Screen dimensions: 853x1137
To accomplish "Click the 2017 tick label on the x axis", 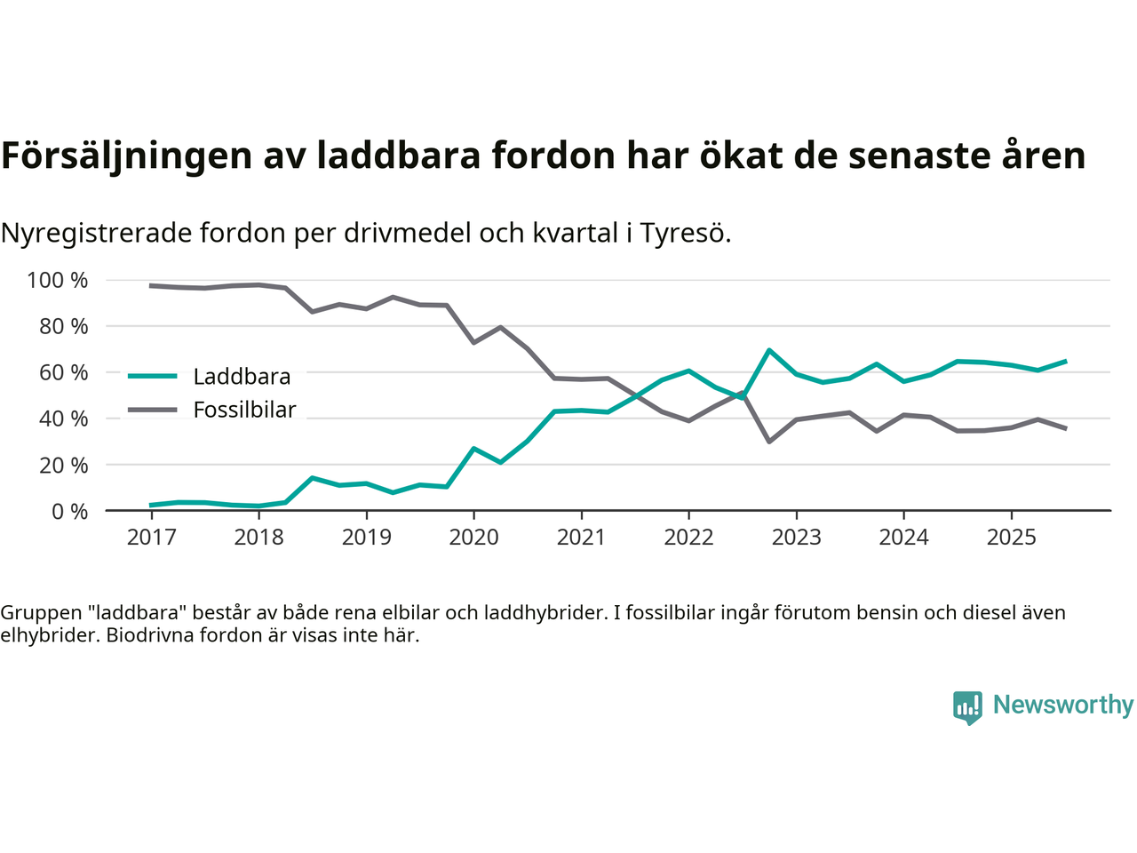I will point(151,537).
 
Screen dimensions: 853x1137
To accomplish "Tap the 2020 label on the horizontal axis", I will point(473,537).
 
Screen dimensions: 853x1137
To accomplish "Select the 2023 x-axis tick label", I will point(796,537).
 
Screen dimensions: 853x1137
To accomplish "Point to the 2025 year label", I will point(1011,537).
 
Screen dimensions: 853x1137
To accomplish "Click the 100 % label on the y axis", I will point(58,281).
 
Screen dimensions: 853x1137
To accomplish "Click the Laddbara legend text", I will point(242,377).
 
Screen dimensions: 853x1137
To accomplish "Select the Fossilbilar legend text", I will point(244,410).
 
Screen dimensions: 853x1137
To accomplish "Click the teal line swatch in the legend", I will point(153,376).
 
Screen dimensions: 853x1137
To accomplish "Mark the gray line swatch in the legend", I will point(153,410).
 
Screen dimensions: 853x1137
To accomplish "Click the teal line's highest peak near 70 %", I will point(768,350).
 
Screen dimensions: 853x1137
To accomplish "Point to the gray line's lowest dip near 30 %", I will point(768,442).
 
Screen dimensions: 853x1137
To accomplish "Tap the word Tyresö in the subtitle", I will point(685,233).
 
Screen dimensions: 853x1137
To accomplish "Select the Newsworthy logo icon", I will point(967,707).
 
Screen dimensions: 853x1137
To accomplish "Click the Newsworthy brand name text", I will point(1062,705).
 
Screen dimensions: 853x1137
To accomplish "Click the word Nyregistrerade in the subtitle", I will point(96,233).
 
